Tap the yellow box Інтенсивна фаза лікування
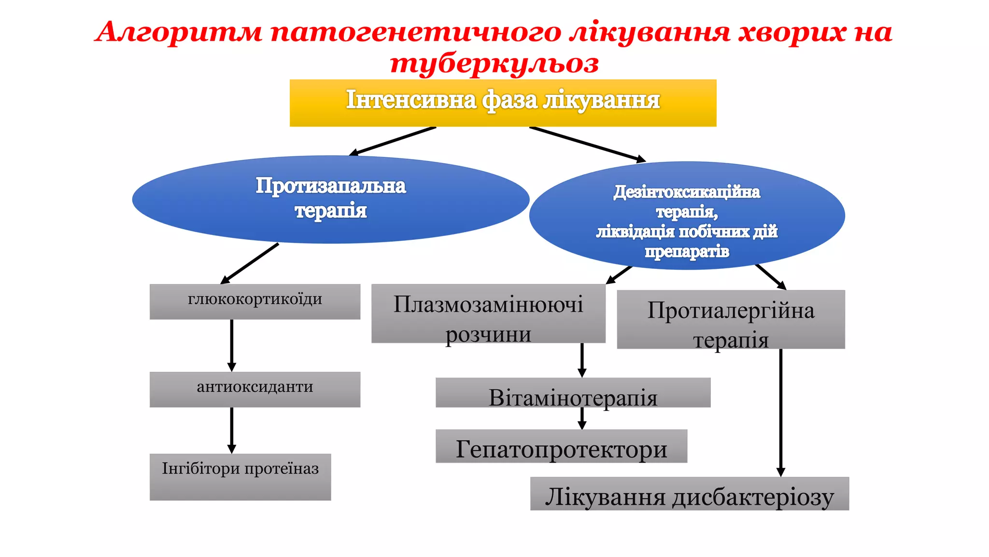503,103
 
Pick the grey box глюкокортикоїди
254,301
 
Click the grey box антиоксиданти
254,389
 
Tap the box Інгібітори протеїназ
240,477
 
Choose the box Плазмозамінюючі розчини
488,313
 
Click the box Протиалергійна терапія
731,319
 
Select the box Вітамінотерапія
573,392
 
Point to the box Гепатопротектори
561,446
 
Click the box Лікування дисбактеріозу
689,494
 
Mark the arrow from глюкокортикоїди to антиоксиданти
232,344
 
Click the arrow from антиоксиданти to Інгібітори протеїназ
232,429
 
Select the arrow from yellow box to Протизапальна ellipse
393,141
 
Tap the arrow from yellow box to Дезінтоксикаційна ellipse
587,144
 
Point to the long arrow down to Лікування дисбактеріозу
780,411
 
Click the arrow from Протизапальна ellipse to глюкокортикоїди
250,264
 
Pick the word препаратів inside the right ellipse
687,252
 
